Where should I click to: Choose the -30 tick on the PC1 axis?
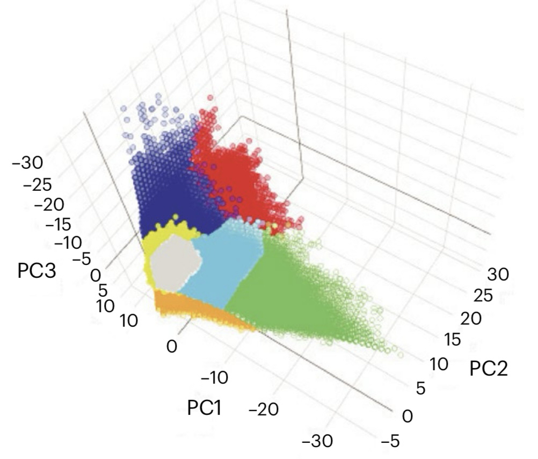317,441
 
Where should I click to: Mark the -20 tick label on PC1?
264,410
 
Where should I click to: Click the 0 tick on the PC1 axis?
171,347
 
